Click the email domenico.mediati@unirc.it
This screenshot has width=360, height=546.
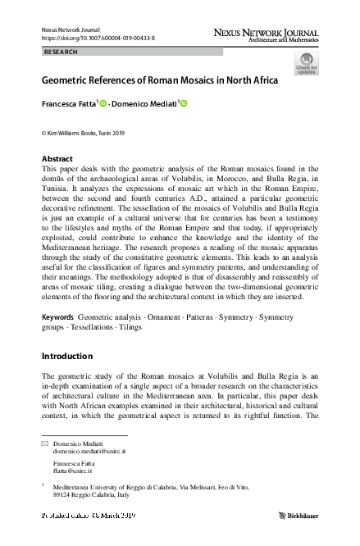click(x=89, y=452)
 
